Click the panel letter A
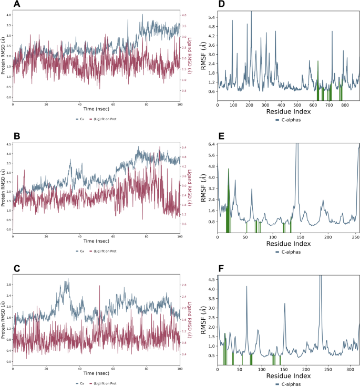(x=17, y=5)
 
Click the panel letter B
(x=17, y=136)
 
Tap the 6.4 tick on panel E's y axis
(x=211, y=144)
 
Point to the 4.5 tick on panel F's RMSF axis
(x=211, y=280)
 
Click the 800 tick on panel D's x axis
(x=344, y=106)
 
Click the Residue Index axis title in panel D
(x=288, y=112)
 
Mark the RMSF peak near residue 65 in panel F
(x=246, y=287)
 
